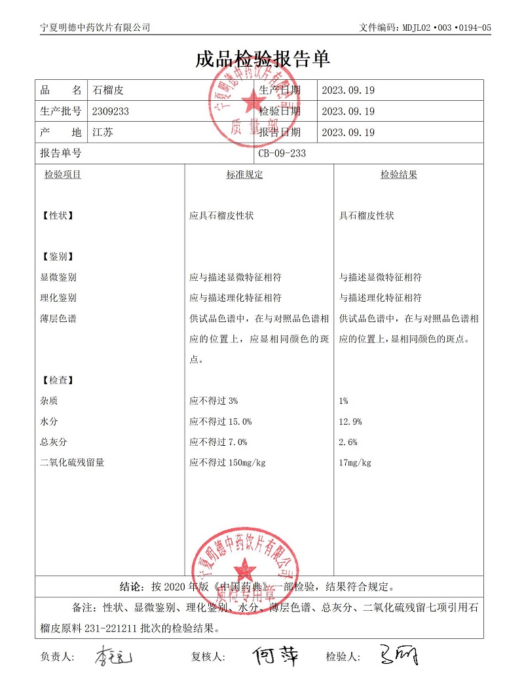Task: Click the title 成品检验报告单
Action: pos(262,59)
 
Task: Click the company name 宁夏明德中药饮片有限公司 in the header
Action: pos(95,27)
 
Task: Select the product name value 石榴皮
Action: pos(108,90)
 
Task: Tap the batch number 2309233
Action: pos(111,111)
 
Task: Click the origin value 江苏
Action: pos(103,132)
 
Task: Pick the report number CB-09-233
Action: pos(282,153)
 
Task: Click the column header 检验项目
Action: pos(63,175)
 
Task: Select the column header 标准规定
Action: pos(244,175)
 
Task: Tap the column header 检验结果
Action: pos(399,175)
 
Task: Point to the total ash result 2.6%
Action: pos(348,442)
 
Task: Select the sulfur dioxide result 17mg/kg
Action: pos(355,463)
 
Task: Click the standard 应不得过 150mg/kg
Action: pos(227,463)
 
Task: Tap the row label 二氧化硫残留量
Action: pos(72,463)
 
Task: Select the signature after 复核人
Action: pos(275,655)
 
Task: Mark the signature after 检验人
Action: pos(398,655)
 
